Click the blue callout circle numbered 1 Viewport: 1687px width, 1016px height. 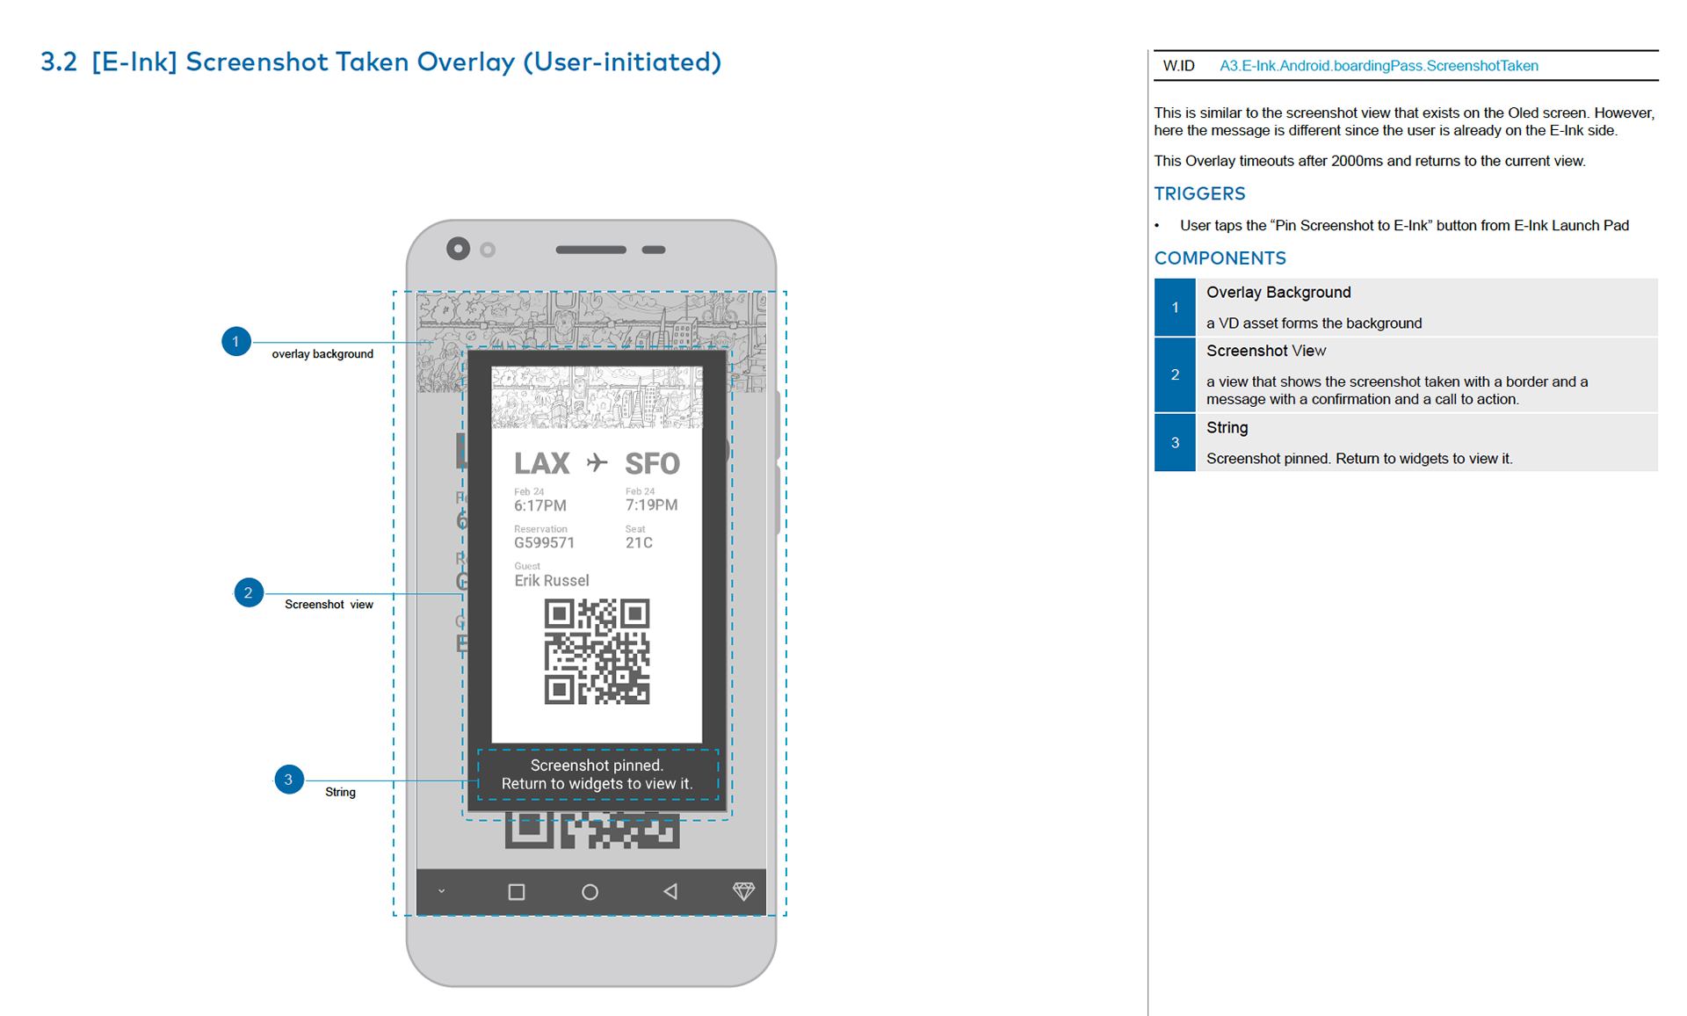[235, 341]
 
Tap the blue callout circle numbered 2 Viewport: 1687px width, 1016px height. [249, 592]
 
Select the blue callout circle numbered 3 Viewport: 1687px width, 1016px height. [289, 780]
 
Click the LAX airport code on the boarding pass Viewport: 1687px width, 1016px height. [541, 463]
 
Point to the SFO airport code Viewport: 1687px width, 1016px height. [652, 463]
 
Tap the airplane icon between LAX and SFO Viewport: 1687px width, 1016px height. [597, 462]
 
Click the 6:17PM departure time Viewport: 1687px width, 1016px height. [540, 505]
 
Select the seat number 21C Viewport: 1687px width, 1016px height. [639, 543]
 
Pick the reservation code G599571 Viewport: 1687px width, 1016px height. [545, 543]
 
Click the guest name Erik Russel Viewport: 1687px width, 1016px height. [552, 580]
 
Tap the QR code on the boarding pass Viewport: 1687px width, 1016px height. [597, 651]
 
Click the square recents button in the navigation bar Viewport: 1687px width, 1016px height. [517, 892]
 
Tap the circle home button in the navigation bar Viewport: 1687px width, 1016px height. [590, 892]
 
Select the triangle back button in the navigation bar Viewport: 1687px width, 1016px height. [670, 892]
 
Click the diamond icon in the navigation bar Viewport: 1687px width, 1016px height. [743, 891]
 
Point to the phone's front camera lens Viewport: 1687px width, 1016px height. [458, 249]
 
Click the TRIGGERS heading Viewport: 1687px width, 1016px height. [1199, 193]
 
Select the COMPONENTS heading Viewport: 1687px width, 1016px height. [1220, 258]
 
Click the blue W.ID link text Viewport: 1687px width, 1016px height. [1379, 66]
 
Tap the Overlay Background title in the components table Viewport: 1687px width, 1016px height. [1278, 293]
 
